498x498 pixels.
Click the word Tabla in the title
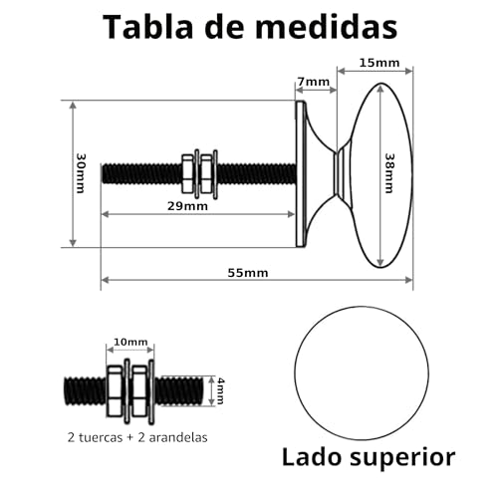147,27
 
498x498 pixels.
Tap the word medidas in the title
326,27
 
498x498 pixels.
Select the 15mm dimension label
379,63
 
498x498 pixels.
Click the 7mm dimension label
313,82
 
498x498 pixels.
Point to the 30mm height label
81,173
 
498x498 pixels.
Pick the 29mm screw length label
187,206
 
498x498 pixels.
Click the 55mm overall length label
248,273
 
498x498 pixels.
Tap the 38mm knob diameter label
388,173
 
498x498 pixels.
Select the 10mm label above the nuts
130,342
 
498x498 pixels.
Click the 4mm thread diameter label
220,390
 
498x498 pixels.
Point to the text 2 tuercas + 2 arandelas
137,437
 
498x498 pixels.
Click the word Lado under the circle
312,457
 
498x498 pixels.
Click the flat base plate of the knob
301,173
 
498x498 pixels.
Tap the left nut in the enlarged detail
115,390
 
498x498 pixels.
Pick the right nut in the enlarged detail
139,390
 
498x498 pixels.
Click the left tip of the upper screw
102,173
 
